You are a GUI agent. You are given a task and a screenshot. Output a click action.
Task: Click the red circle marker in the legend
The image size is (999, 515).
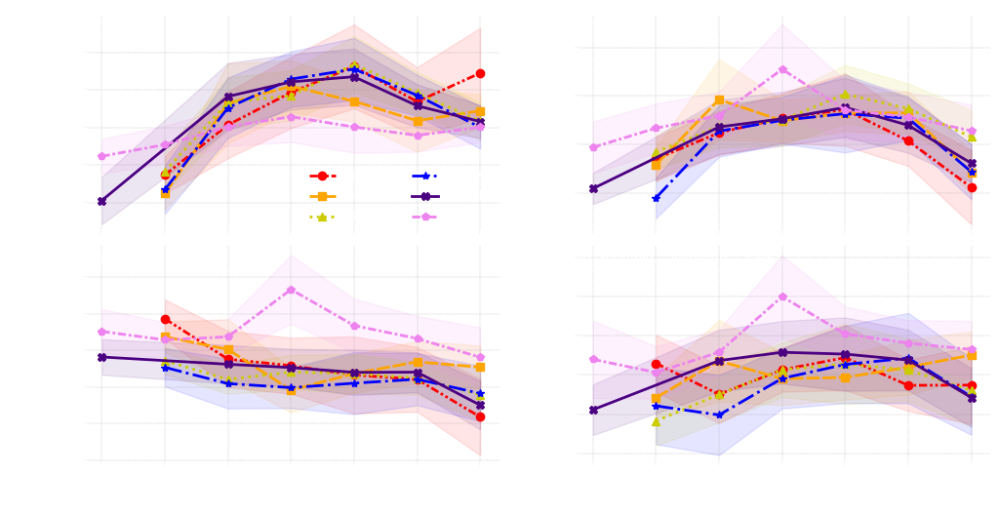click(322, 176)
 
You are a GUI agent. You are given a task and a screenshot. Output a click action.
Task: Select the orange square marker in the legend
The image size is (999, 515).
click(322, 196)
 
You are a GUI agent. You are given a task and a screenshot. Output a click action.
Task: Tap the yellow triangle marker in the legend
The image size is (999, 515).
click(322, 217)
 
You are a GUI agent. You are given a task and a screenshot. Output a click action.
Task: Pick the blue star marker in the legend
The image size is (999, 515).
click(424, 176)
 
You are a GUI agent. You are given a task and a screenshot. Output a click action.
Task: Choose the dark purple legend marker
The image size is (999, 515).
click(424, 196)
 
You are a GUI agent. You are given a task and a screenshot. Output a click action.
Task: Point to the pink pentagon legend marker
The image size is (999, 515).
click(424, 217)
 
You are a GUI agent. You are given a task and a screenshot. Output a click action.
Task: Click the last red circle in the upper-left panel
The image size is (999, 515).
click(480, 74)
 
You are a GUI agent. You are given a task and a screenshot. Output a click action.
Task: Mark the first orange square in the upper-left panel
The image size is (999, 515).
click(165, 193)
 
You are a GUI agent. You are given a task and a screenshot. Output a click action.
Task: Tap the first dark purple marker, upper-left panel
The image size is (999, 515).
click(101, 201)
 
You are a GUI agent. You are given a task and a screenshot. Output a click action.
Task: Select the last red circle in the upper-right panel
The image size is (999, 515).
click(972, 187)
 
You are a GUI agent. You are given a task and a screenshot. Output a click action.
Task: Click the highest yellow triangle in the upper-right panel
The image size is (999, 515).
click(845, 95)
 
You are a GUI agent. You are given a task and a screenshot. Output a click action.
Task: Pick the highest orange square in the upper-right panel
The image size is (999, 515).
click(719, 99)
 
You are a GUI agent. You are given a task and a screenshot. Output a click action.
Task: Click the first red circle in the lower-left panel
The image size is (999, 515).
click(165, 318)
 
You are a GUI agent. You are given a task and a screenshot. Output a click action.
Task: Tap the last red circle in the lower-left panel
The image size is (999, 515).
click(480, 416)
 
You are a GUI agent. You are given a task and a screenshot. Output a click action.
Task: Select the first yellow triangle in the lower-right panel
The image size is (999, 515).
click(656, 421)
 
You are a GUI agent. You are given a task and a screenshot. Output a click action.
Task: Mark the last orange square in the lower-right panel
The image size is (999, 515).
click(972, 356)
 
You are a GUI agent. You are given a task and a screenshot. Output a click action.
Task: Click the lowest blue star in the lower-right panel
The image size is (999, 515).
click(719, 415)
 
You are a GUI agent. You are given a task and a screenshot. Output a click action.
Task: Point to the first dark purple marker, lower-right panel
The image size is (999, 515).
click(593, 410)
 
